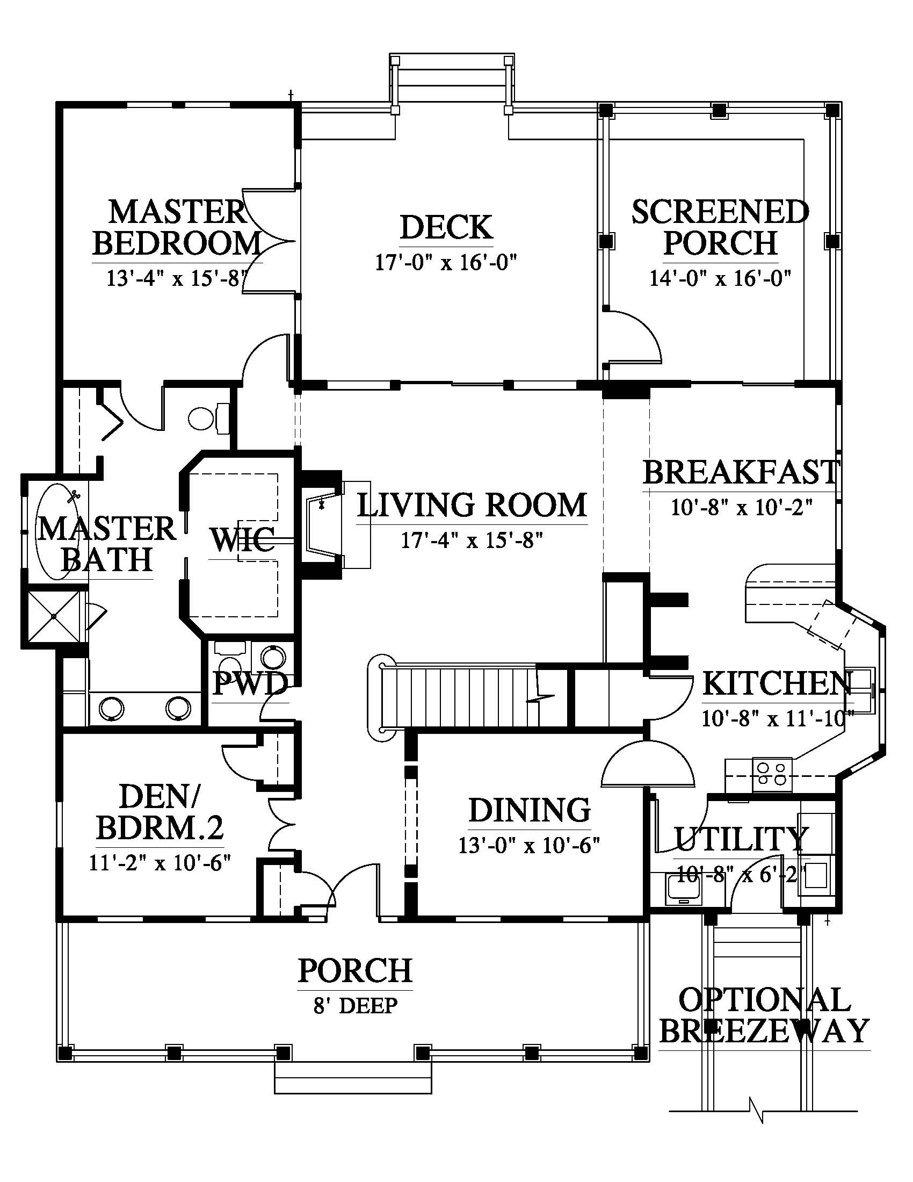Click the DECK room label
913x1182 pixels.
(446, 227)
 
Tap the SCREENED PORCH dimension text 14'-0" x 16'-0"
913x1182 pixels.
(720, 278)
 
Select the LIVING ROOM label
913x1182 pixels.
(472, 504)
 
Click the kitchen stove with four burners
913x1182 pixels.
(772, 773)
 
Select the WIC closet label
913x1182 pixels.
(242, 539)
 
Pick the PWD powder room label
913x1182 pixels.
(249, 684)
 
